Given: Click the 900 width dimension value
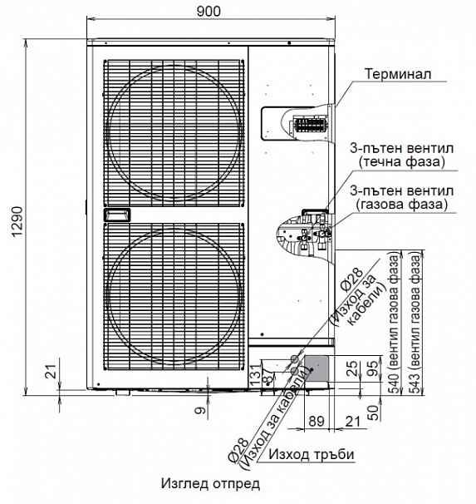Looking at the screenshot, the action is [209, 12].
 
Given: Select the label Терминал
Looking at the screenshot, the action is [398, 74].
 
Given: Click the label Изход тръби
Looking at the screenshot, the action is [312, 454].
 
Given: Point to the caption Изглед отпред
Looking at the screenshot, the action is [210, 483].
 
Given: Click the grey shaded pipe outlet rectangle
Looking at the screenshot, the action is [317, 368].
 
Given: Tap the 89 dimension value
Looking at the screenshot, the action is [317, 421].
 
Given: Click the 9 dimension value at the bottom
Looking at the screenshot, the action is [199, 411].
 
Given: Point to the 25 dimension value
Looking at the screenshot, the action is [352, 368].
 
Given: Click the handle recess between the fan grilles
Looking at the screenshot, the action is [117, 215].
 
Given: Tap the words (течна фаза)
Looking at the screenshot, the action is [402, 162].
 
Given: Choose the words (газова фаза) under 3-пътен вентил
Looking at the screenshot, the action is [401, 204].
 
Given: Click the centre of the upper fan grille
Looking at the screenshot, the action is [174, 133].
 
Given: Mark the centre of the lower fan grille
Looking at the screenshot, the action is [174, 297].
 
